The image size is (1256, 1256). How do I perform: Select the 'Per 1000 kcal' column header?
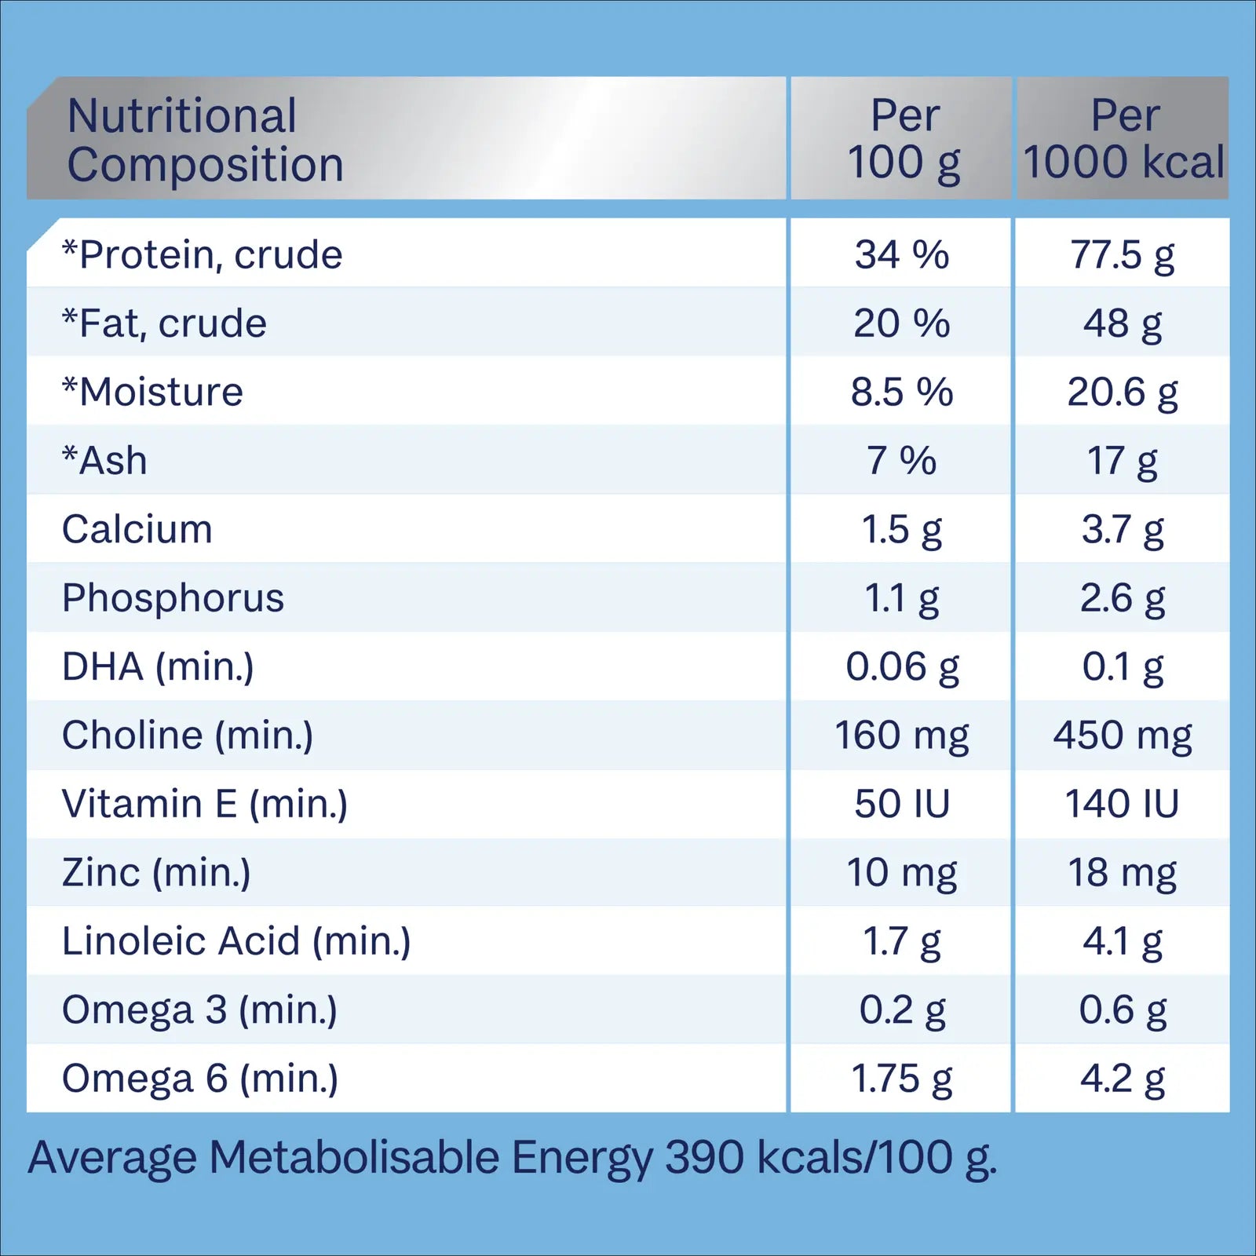(x=1123, y=139)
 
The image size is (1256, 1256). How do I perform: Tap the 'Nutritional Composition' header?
(x=205, y=140)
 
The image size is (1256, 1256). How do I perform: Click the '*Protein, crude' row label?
(x=203, y=254)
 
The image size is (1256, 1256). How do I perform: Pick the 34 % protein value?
(x=902, y=254)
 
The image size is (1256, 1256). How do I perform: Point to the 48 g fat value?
(x=1123, y=323)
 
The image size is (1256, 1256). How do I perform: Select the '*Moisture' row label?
(x=153, y=392)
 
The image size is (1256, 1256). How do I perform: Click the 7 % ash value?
(x=901, y=461)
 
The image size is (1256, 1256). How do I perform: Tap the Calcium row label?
(x=137, y=529)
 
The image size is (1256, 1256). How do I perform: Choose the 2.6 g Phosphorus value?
(x=1123, y=598)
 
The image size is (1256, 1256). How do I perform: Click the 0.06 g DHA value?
(x=902, y=667)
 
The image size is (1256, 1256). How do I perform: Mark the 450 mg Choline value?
(x=1123, y=736)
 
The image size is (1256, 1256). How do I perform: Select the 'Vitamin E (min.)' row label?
(x=205, y=804)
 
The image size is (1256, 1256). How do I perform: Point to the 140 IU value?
(x=1122, y=804)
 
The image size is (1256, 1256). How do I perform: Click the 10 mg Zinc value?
(x=902, y=873)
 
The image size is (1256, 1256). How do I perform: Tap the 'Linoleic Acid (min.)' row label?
(x=236, y=941)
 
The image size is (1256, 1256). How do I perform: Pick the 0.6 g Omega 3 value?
(x=1123, y=1010)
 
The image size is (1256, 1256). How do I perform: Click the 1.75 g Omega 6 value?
(x=902, y=1079)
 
